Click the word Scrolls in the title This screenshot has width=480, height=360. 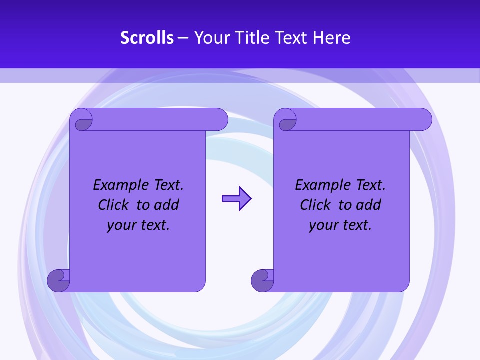pyautogui.click(x=147, y=38)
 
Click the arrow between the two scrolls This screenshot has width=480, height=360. pyautogui.click(x=236, y=199)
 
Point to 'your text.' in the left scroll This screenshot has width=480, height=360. pyautogui.click(x=138, y=225)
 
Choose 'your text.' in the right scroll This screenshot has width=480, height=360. pyautogui.click(x=340, y=225)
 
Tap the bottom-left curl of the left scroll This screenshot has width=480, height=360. pyautogui.click(x=58, y=280)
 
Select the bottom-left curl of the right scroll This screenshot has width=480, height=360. pyautogui.click(x=262, y=280)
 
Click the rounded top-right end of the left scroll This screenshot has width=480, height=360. pyautogui.click(x=220, y=120)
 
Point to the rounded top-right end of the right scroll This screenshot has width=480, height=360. pyautogui.click(x=424, y=120)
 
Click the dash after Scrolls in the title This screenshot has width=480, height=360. pyautogui.click(x=183, y=38)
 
